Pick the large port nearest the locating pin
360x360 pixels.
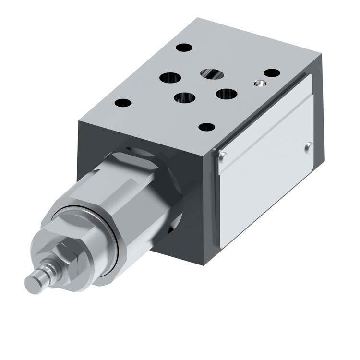pyautogui.click(x=227, y=94)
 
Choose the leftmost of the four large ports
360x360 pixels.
pyautogui.click(x=170, y=78)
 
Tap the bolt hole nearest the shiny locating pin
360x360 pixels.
pyautogui.click(x=272, y=73)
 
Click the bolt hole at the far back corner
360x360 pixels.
pyautogui.click(x=184, y=48)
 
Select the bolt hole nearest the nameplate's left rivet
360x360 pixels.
pyautogui.click(x=207, y=127)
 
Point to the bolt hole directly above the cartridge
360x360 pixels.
pyautogui.click(x=123, y=103)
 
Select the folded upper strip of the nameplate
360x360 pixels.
pyautogui.click(x=264, y=122)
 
